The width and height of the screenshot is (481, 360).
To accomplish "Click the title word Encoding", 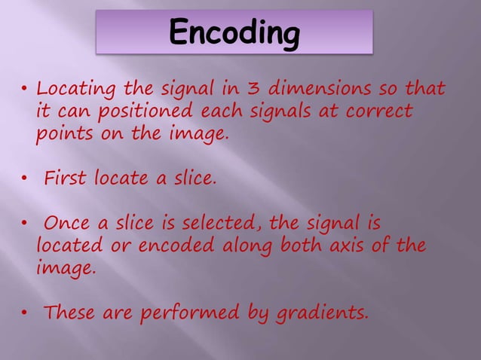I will (x=234, y=32).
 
